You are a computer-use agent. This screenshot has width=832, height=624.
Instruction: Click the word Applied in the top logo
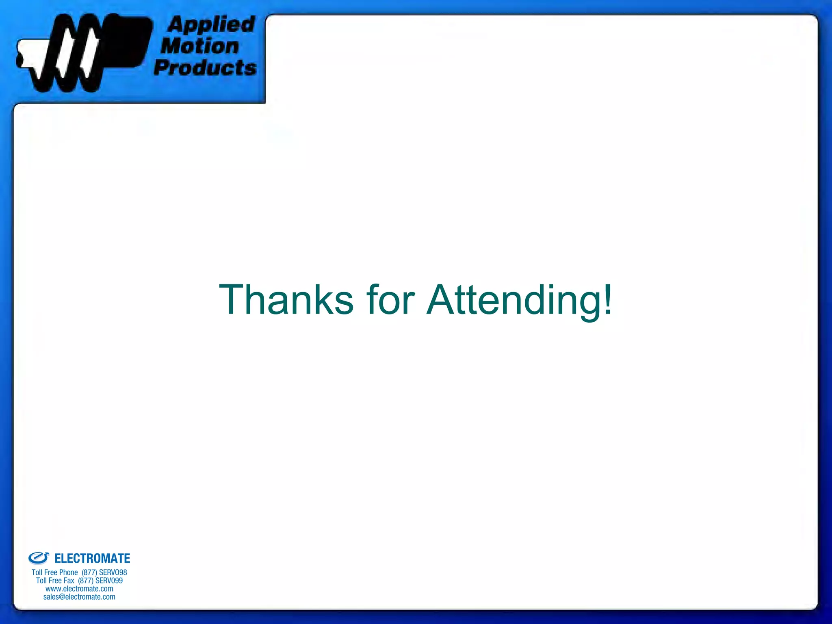[x=211, y=25]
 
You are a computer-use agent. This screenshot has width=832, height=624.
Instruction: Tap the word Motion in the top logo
[x=200, y=46]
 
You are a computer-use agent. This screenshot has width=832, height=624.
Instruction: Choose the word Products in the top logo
[x=205, y=67]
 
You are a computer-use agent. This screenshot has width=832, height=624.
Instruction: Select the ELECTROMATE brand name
[x=92, y=559]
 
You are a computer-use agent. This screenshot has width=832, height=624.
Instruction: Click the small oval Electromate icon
[x=39, y=558]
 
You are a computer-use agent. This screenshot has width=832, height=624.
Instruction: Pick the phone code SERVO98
[x=113, y=572]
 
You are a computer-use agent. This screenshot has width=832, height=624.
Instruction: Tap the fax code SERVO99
[x=109, y=581]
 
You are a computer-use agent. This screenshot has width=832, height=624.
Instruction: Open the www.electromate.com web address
[x=79, y=589]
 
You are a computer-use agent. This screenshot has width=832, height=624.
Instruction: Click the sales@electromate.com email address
[x=79, y=597]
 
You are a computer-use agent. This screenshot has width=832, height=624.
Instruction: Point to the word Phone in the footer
[x=68, y=572]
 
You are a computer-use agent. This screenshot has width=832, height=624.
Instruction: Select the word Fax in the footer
[x=69, y=581]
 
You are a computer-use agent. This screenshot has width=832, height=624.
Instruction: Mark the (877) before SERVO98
[x=89, y=572]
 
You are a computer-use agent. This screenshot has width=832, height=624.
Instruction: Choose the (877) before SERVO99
[x=86, y=581]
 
